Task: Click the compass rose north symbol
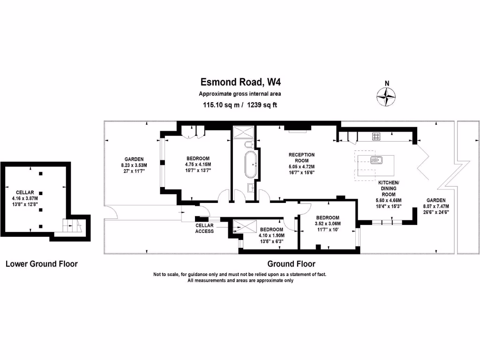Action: [386, 97]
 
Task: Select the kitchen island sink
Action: [376, 160]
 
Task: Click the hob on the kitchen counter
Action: [376, 136]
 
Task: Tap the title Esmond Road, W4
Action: [240, 82]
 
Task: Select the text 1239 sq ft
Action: [262, 105]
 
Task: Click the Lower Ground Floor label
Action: [42, 264]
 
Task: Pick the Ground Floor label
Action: [291, 264]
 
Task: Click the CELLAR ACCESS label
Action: [204, 228]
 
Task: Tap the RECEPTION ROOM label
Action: [301, 157]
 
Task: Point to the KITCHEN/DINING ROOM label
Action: [389, 188]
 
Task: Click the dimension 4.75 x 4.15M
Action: [198, 165]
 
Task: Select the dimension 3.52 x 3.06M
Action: [328, 224]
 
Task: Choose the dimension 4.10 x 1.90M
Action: [271, 235]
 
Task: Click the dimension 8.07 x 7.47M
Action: [436, 206]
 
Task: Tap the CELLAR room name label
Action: [25, 193]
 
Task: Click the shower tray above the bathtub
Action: [244, 132]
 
